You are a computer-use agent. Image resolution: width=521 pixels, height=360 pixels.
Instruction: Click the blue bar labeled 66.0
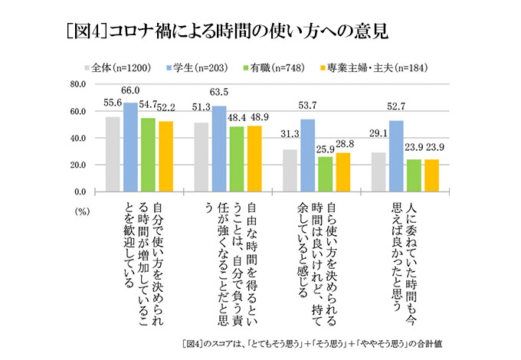click(x=131, y=146)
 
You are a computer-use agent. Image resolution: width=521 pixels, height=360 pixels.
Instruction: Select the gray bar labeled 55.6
click(x=113, y=153)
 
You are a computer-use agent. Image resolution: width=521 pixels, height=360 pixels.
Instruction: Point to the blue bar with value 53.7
click(x=308, y=155)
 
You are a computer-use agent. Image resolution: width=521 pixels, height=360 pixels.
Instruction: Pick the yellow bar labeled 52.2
click(x=165, y=155)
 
